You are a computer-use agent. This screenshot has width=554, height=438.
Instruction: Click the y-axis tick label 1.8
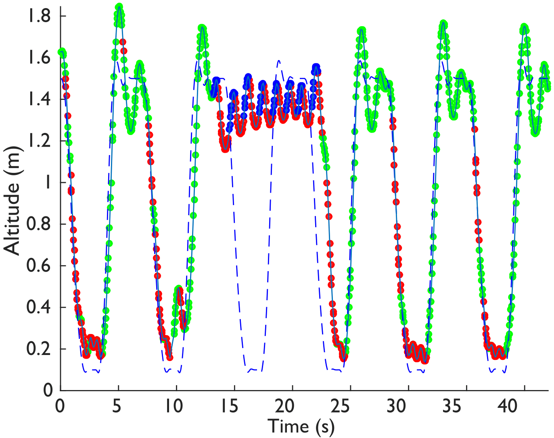(39, 16)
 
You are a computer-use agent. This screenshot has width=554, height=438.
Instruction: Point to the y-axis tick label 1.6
(39, 58)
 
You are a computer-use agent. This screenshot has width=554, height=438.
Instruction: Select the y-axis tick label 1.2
(39, 141)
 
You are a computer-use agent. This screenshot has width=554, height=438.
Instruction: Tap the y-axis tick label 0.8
(39, 224)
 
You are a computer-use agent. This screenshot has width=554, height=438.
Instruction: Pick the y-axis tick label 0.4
(39, 307)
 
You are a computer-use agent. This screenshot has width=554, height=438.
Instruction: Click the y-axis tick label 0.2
(39, 349)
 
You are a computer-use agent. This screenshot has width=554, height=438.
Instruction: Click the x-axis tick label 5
(117, 406)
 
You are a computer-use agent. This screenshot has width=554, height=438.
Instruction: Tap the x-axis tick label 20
(285, 406)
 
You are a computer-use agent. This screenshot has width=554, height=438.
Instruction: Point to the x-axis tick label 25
(343, 406)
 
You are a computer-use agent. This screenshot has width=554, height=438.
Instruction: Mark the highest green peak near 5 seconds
(119, 7)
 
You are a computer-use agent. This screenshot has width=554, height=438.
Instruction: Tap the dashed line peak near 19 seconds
(278, 61)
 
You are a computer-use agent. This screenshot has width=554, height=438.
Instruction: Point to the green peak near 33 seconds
(443, 23)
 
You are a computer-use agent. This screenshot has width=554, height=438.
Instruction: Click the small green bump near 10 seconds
(179, 289)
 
